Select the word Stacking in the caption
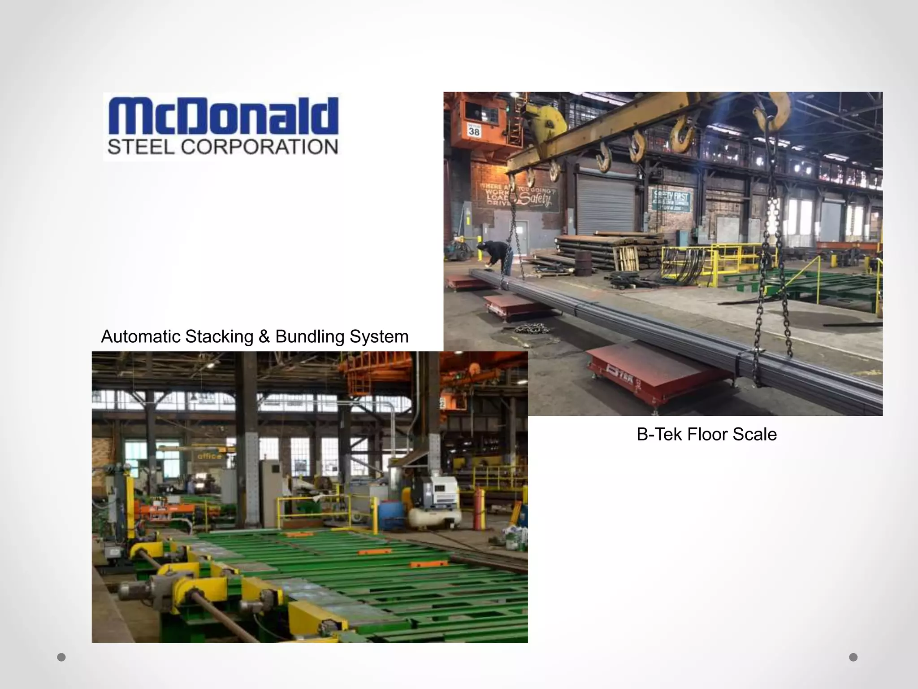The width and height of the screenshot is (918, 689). point(219,336)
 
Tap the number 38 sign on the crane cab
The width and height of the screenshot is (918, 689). point(474,131)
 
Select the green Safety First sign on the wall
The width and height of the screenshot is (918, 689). point(670,200)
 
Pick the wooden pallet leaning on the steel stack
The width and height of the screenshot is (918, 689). point(625,258)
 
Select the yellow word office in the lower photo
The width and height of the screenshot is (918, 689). point(209,456)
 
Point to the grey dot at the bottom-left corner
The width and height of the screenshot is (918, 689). point(61,657)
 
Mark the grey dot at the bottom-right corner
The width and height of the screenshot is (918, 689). point(853,657)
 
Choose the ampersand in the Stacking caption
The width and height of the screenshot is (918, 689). point(264,336)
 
